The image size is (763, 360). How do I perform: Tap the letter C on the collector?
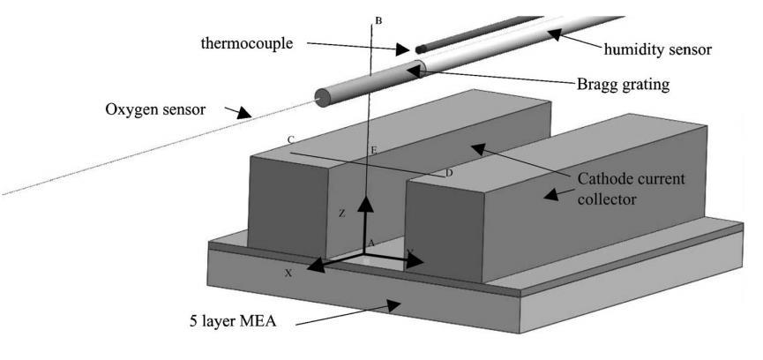coord(291,140)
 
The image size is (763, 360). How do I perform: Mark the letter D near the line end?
coord(449,173)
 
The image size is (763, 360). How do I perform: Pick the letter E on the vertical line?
coord(374,152)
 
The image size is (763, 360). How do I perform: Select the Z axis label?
coord(341,214)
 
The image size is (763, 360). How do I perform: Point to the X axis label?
coord(288,274)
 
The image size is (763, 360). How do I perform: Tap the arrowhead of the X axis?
coord(313,264)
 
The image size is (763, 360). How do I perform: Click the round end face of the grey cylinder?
coord(322,97)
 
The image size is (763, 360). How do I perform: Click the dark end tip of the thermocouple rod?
coord(420,49)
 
